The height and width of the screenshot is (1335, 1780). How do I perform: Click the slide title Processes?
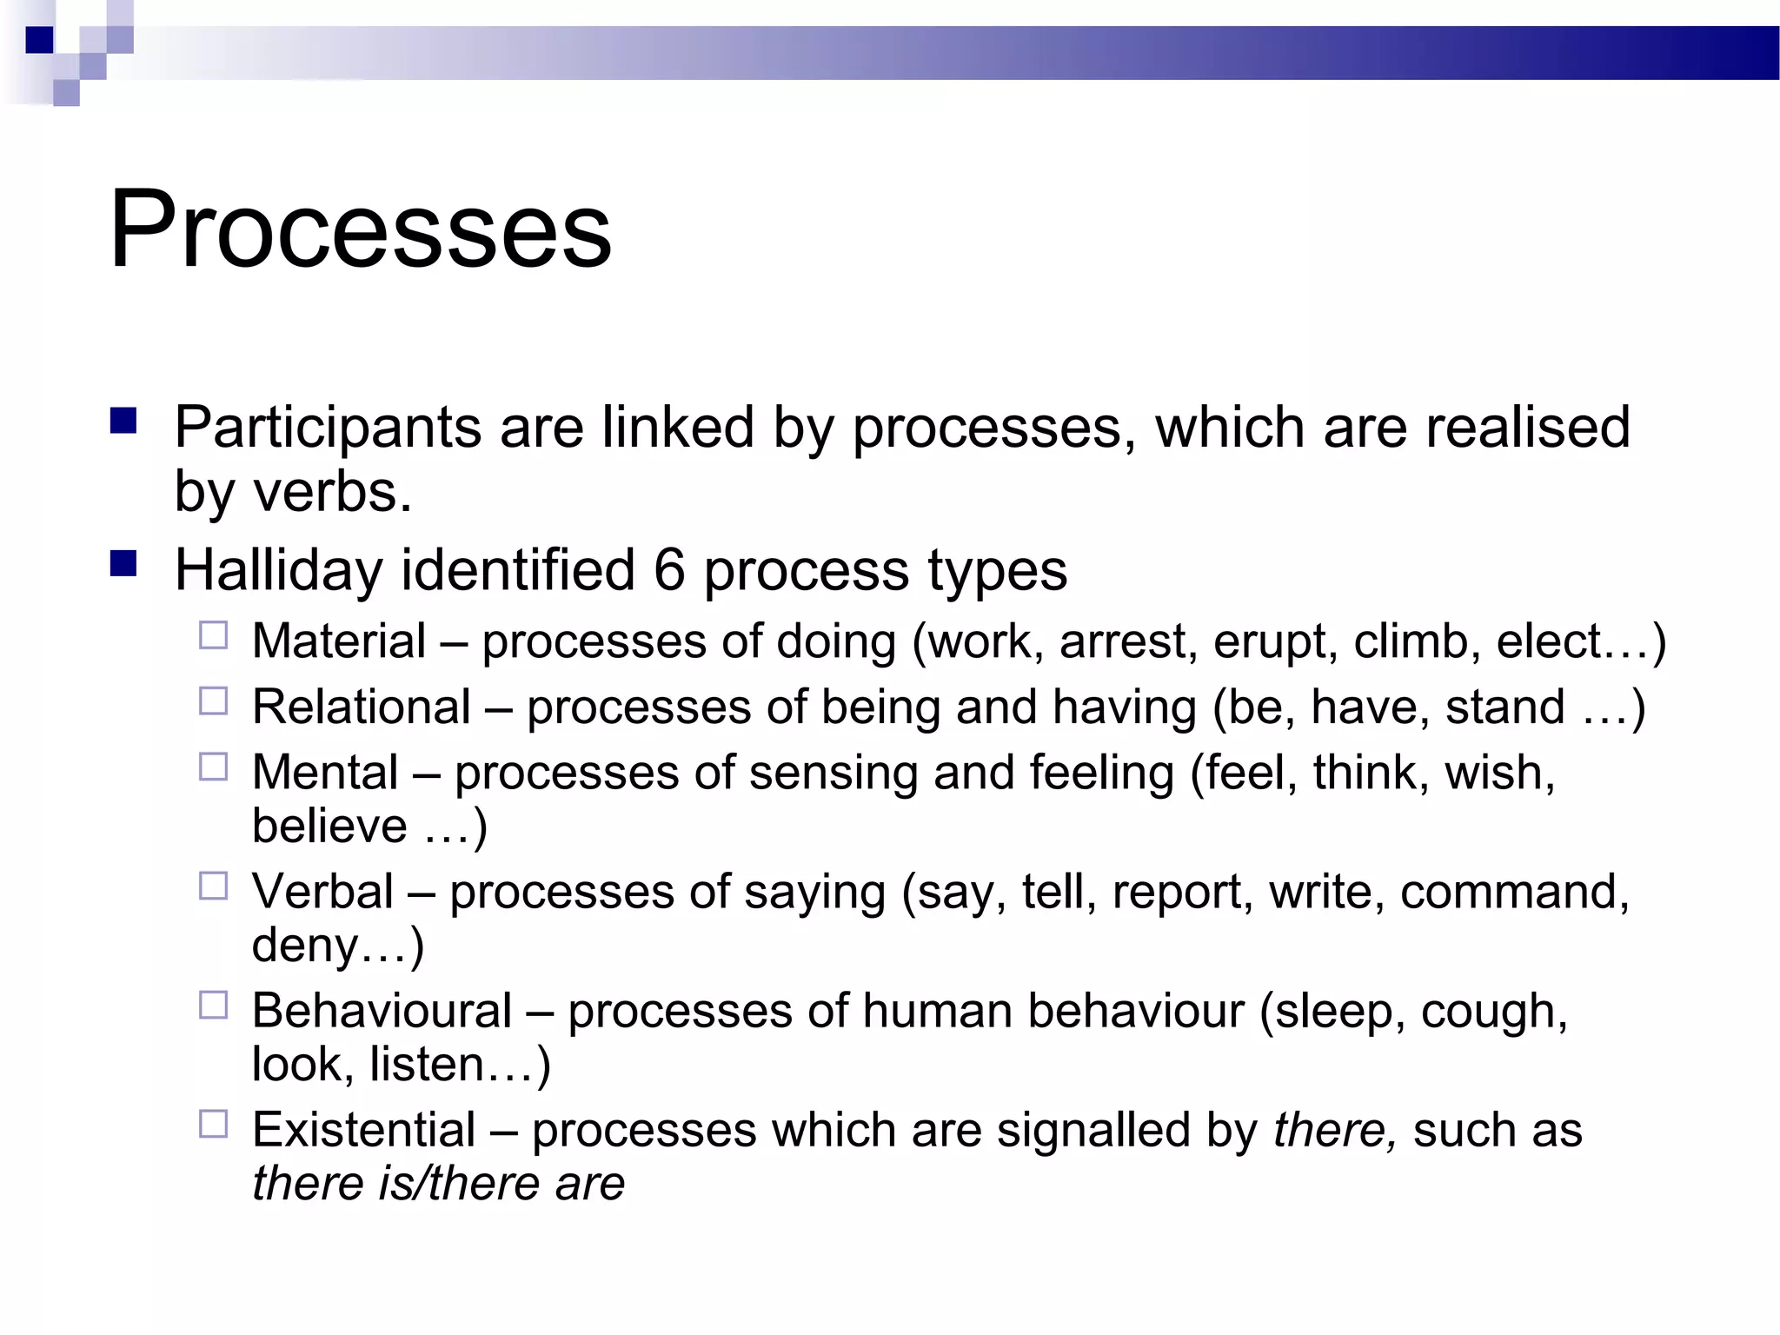[x=360, y=230]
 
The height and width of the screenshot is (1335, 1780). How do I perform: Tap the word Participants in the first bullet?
[x=328, y=428]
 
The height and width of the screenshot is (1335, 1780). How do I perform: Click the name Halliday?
[x=278, y=570]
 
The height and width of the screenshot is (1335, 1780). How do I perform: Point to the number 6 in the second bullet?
[x=669, y=570]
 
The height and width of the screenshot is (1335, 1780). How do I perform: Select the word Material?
[x=339, y=641]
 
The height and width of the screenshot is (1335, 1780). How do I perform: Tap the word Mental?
[x=325, y=772]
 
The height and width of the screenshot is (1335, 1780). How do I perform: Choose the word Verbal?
[x=322, y=892]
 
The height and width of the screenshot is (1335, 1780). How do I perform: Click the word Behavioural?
[x=382, y=1011]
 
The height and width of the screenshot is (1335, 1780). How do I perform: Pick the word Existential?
[x=363, y=1130]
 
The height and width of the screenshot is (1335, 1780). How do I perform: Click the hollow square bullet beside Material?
[x=213, y=636]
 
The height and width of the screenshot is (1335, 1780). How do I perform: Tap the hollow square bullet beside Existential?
[x=213, y=1125]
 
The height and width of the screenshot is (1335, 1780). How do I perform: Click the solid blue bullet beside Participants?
[x=124, y=422]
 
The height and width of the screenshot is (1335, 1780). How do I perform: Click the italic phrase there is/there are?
[x=438, y=1184]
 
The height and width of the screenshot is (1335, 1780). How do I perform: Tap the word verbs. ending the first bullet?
[x=332, y=493]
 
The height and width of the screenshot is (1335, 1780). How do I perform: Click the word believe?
[x=329, y=826]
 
